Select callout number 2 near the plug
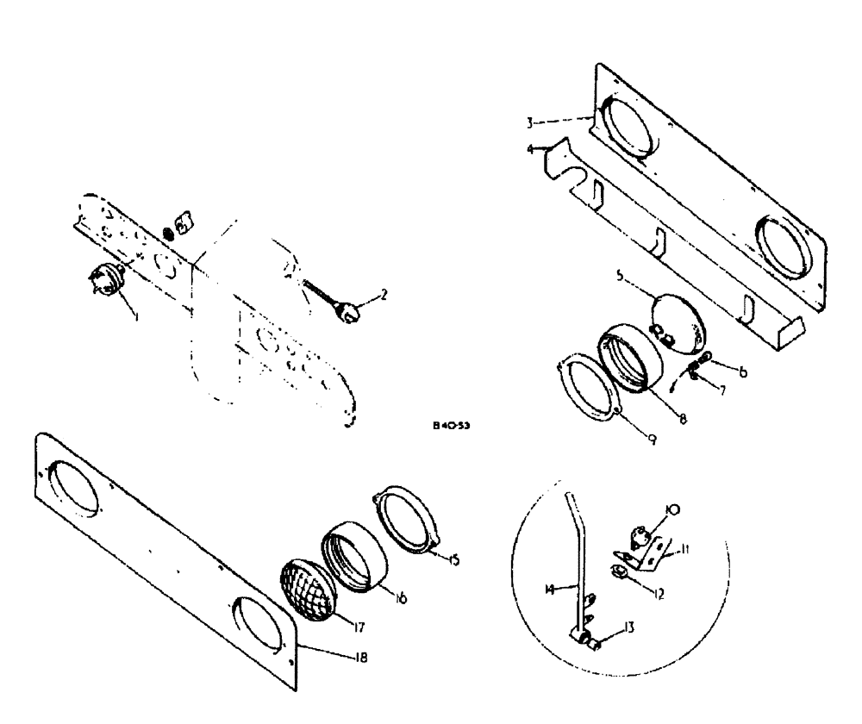pos(383,294)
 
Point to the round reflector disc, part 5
pos(677,321)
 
